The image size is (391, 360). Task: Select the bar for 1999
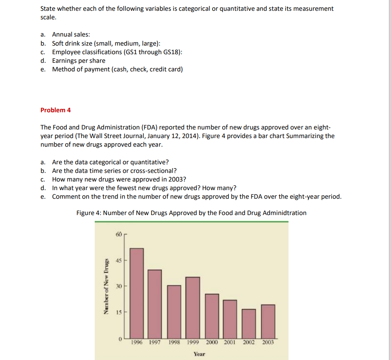(x=193, y=308)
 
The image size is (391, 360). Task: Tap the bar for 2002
(x=248, y=323)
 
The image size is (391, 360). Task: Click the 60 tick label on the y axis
(x=119, y=234)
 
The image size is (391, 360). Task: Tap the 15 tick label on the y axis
(x=119, y=312)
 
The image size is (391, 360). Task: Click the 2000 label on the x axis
(x=214, y=342)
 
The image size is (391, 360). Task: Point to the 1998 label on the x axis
(x=176, y=342)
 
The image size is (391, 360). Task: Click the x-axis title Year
(x=199, y=354)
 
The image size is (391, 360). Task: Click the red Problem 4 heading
(x=56, y=110)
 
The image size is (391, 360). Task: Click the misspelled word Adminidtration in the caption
(x=285, y=213)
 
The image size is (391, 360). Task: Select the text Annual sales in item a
(x=71, y=34)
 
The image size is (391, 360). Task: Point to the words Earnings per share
(x=78, y=61)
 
